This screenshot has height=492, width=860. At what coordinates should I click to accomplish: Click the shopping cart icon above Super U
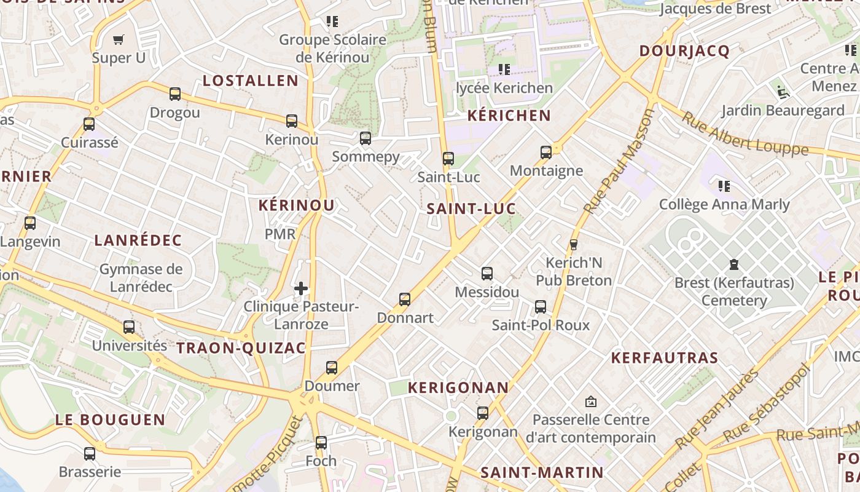click(x=119, y=39)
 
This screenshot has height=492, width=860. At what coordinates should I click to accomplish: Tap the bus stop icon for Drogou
click(x=175, y=94)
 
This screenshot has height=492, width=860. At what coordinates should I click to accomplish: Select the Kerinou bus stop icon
click(x=292, y=121)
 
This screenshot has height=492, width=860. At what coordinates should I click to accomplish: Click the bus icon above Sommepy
click(x=365, y=138)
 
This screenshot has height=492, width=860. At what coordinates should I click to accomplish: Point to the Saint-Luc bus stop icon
click(x=448, y=159)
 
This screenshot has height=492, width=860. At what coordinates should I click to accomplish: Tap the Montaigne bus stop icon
click(x=546, y=153)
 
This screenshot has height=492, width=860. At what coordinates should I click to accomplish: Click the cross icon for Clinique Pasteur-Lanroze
click(x=301, y=288)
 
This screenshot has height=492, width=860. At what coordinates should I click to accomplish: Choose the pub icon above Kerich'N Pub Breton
click(x=574, y=244)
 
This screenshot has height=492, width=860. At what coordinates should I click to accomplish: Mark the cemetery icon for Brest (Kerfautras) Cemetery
click(x=733, y=264)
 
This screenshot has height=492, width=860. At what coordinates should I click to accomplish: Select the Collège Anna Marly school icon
click(x=724, y=186)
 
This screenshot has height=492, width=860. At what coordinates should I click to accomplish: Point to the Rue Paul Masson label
click(x=619, y=162)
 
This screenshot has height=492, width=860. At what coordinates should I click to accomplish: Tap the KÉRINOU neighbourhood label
click(x=297, y=205)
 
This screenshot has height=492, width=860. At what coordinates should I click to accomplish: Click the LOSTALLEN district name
click(x=251, y=81)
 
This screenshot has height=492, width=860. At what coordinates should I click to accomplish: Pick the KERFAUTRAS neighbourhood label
click(x=665, y=358)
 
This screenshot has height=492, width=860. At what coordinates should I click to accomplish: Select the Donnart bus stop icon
click(x=405, y=300)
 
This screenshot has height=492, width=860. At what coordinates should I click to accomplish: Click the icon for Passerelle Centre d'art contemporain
click(x=591, y=402)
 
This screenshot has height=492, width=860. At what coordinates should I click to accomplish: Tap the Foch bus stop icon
click(x=321, y=443)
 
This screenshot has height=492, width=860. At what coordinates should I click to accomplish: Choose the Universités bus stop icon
click(x=129, y=327)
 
